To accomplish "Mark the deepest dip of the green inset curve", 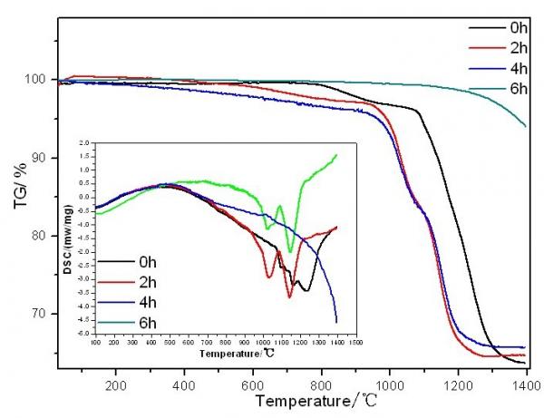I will click(290, 251).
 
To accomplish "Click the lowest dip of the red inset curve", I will click(290, 296).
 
